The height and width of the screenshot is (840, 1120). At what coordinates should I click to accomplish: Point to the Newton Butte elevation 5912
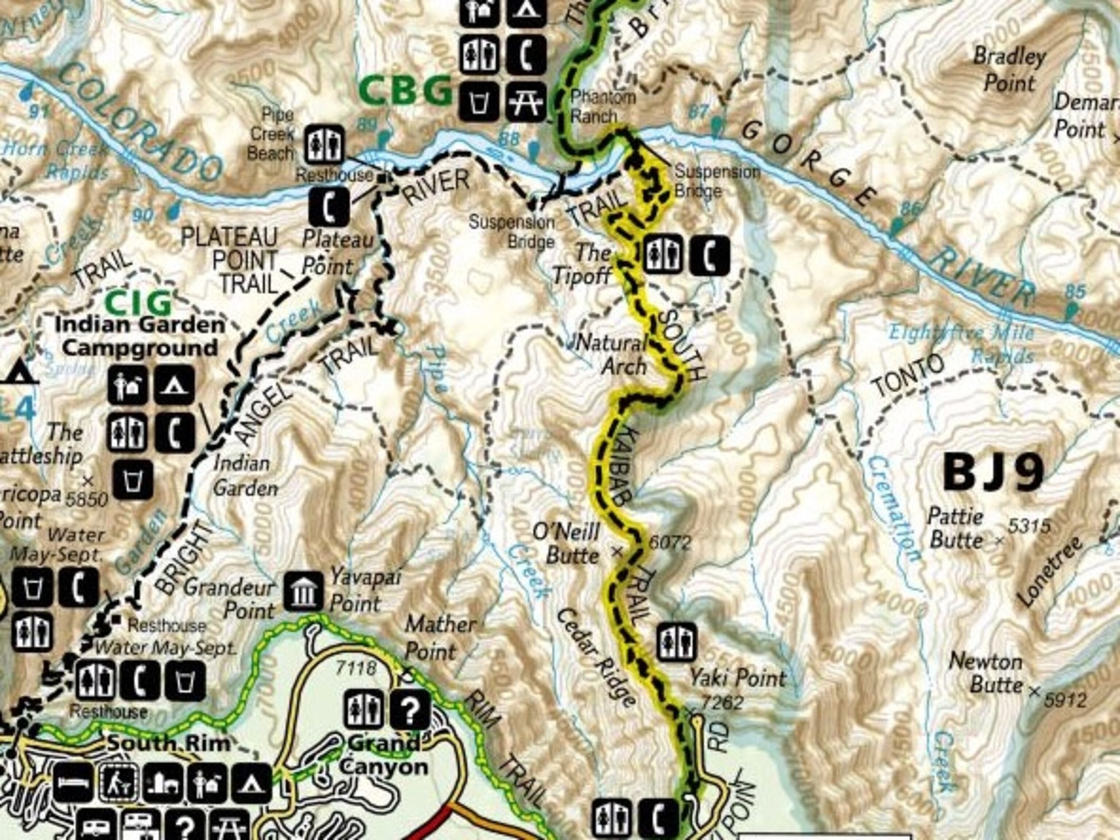pos(1065,701)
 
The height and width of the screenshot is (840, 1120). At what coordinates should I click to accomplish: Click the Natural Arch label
pos(614,355)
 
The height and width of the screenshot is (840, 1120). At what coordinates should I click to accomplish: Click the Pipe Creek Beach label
pos(271,134)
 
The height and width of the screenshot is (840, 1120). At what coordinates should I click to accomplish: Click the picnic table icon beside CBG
pos(526,101)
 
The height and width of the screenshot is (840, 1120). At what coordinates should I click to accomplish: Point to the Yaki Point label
pos(738,678)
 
